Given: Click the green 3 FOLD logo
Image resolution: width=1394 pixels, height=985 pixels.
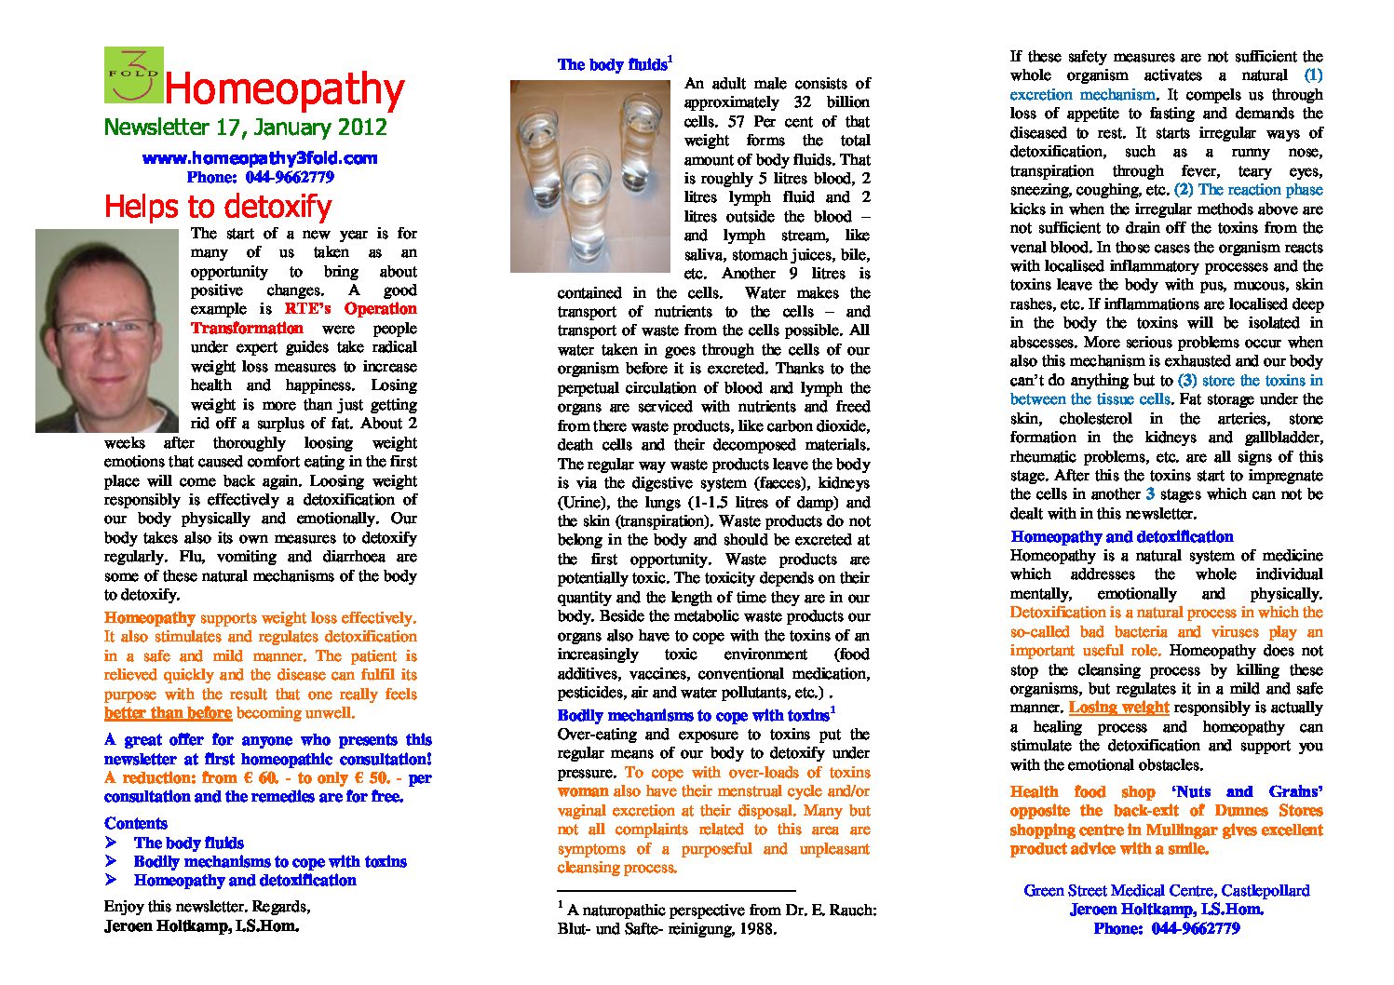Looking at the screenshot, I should point(133,74).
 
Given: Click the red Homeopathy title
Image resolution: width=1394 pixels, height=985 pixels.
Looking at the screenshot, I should point(284,90).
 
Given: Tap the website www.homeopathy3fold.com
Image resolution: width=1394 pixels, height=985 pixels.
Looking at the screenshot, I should point(260,158).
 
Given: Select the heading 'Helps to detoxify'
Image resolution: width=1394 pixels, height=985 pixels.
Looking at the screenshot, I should point(218,206).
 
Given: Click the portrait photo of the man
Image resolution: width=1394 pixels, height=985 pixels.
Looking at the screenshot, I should point(106,331).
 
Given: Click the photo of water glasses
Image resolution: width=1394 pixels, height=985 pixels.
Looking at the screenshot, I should point(590,176).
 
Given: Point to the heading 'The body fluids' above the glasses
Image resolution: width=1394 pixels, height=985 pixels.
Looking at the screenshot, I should point(613,65).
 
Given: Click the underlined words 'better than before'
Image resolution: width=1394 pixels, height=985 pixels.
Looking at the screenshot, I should point(168,713).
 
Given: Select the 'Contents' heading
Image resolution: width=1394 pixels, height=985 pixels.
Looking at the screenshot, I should point(136,823).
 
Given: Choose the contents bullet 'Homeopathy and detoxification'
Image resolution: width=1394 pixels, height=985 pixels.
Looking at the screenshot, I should point(245,880).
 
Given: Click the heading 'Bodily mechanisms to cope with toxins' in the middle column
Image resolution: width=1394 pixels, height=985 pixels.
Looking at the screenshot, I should point(694,715).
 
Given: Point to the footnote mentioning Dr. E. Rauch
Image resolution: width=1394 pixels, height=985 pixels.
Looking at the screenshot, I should point(717,919).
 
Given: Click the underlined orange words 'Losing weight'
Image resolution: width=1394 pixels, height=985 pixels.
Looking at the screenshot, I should point(1118,707).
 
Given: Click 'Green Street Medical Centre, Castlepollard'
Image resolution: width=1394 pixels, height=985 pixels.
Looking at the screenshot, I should point(1166,890).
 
